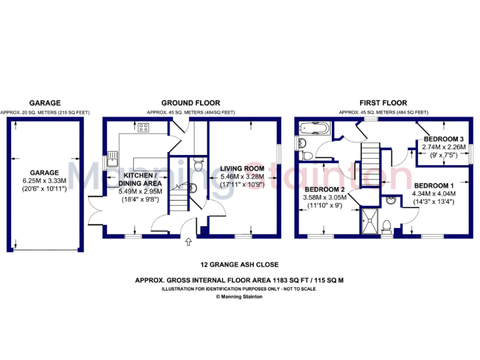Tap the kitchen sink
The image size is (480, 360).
[x=112, y=156]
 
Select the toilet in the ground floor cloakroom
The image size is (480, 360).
[x=199, y=164]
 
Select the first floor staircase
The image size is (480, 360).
[x=371, y=164]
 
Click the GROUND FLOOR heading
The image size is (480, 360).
[x=191, y=103]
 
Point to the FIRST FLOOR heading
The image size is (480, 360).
[x=383, y=103]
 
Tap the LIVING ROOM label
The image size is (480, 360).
[x=242, y=169]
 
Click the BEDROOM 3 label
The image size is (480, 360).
[x=443, y=139]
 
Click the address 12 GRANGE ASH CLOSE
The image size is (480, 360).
[x=239, y=265]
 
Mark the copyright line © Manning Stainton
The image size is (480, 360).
[x=239, y=297]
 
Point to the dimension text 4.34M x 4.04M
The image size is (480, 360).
[x=435, y=194]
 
